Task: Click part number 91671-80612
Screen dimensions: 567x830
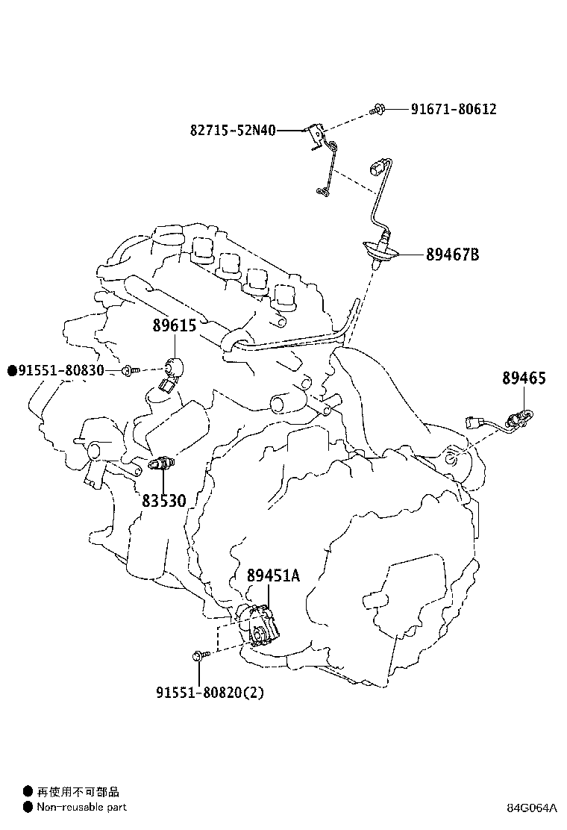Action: coord(454,109)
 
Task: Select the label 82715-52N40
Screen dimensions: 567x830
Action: coord(233,130)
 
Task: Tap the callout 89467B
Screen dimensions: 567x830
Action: coord(453,255)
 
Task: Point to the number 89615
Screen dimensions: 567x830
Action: coord(175,325)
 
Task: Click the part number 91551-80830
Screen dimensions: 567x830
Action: coord(61,370)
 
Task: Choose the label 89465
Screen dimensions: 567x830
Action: coord(524,378)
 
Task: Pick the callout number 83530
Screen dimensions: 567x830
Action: coord(164,500)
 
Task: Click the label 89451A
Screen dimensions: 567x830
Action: coord(273,575)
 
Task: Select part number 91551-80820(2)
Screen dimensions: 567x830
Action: coord(210,692)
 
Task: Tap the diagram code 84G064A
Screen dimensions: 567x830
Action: coord(531,808)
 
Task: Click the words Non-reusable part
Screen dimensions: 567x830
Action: coord(82,808)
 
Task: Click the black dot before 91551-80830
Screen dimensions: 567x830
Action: coord(12,370)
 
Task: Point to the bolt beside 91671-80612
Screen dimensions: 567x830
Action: coord(377,110)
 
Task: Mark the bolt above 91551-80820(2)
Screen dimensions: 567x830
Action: coord(201,656)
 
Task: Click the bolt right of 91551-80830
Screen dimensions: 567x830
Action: coord(130,370)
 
